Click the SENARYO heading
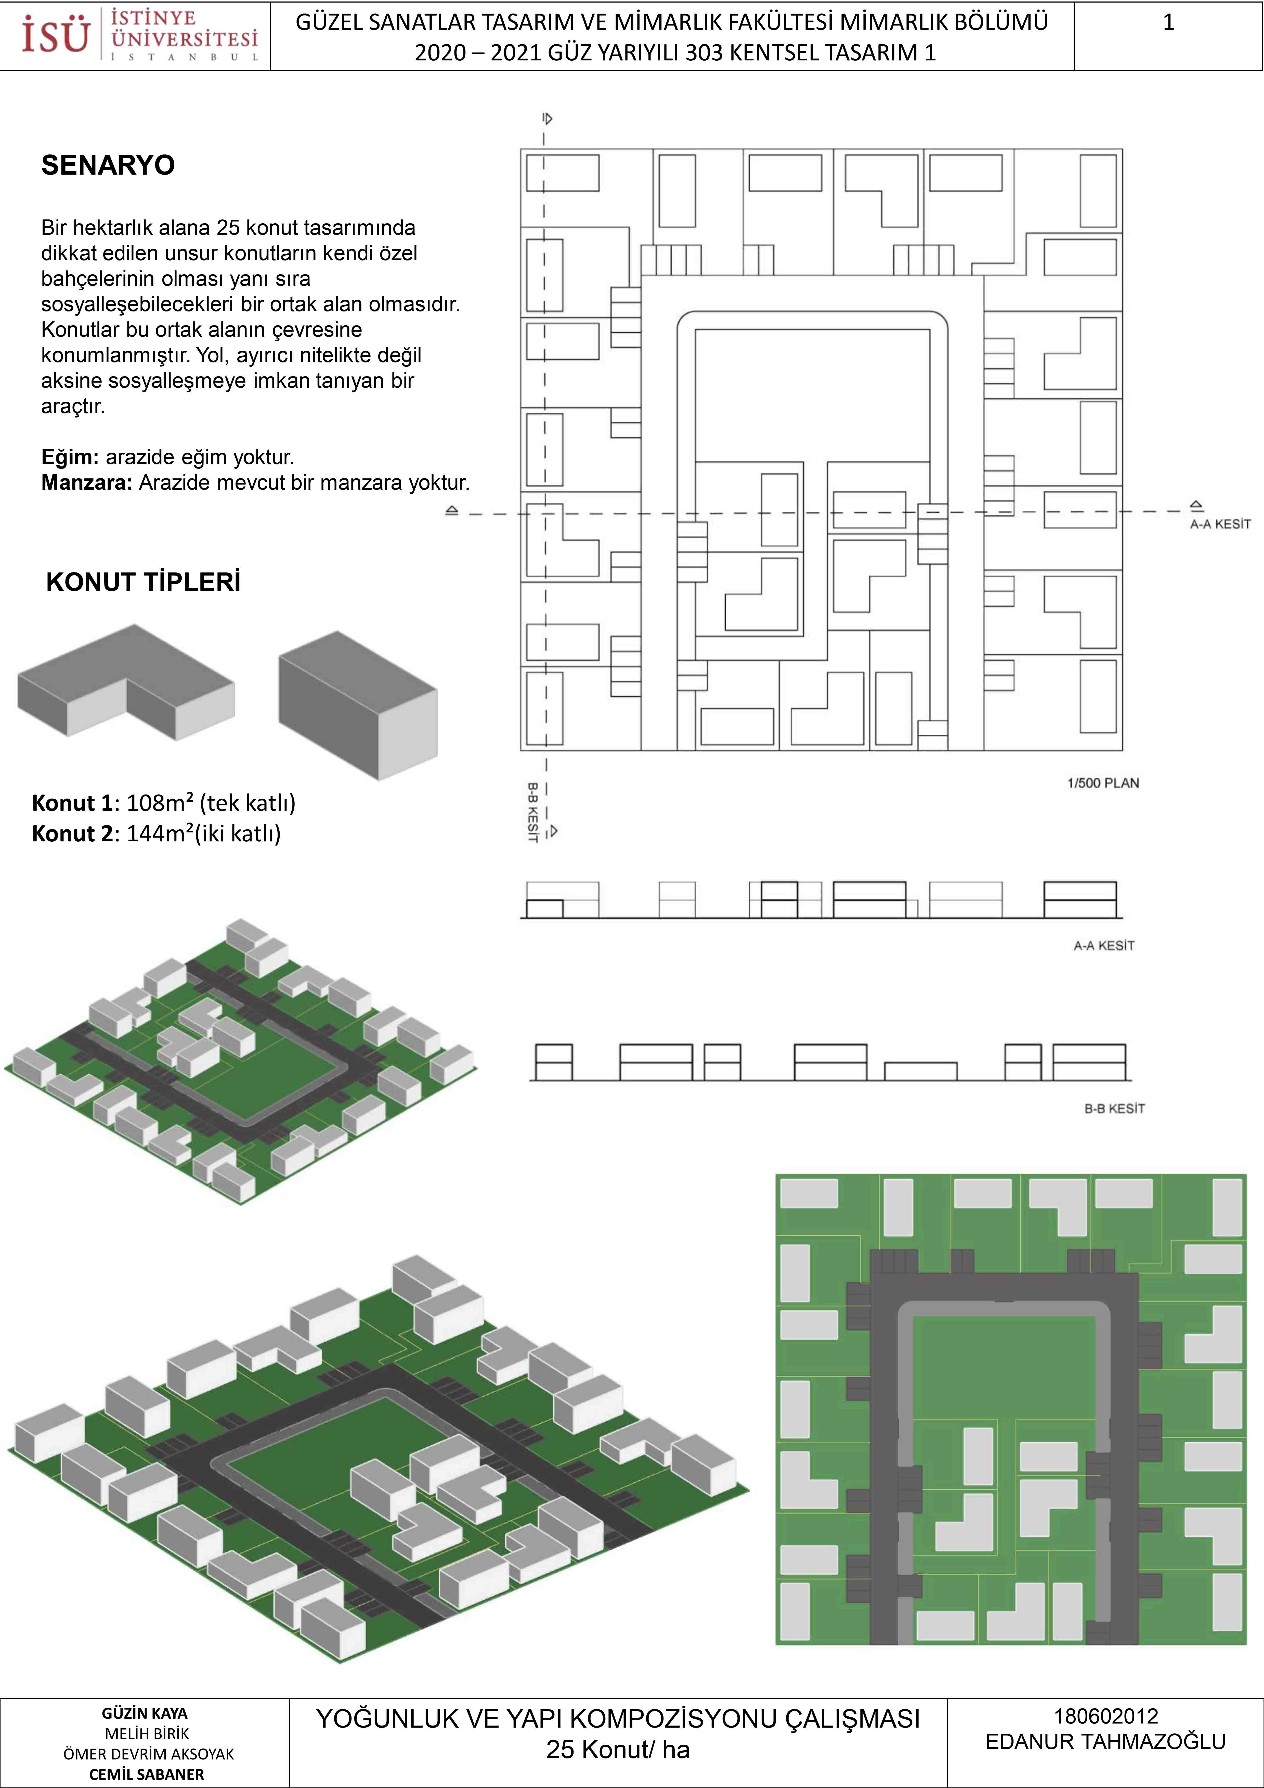tap(108, 165)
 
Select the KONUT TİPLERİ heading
tap(143, 582)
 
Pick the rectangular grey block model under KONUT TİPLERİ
tap(358, 705)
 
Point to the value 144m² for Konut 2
tap(160, 833)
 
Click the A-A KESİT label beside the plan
tap(1220, 524)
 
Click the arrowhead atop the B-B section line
tap(548, 119)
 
